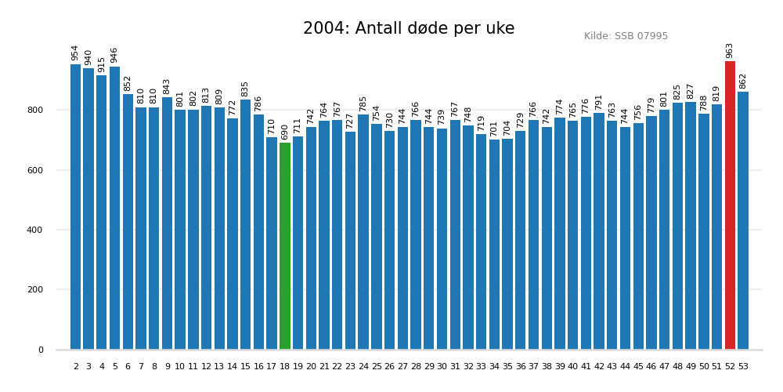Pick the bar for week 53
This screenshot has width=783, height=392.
pos(743,220)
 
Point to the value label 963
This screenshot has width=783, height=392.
pos(730,50)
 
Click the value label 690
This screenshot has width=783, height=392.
pos(285,132)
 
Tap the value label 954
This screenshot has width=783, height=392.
pos(76,53)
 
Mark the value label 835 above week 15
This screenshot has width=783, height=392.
pos(246,89)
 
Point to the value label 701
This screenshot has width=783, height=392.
pos(494,129)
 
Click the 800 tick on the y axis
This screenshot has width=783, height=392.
pos(36,111)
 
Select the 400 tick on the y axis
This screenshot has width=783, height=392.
pos(36,230)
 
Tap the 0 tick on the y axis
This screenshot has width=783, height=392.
pos(41,350)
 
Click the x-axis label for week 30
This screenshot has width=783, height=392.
pos(442,367)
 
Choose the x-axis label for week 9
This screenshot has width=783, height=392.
pos(168,367)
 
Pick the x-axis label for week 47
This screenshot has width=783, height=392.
pos(664,367)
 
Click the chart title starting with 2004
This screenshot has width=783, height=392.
pos(409,29)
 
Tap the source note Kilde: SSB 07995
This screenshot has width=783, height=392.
pos(626,37)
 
